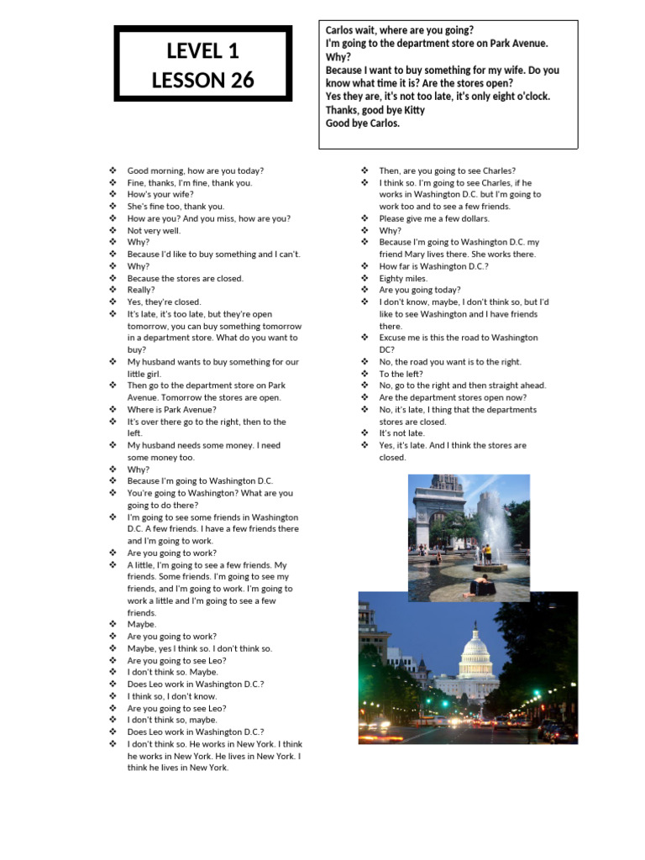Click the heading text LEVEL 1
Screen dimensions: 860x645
tap(202, 51)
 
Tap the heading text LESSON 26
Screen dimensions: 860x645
tap(202, 81)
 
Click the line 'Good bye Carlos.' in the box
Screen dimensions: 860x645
tap(363, 123)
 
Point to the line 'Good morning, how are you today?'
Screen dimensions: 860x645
tap(195, 170)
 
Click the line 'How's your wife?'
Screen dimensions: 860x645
tap(160, 194)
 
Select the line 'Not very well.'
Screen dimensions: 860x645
tap(154, 230)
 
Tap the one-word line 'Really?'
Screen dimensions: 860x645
tap(141, 290)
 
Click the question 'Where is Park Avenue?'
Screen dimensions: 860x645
tap(171, 410)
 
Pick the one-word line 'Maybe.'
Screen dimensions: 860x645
tap(142, 624)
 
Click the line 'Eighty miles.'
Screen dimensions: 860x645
tap(403, 278)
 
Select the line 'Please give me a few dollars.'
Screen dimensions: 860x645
tap(433, 218)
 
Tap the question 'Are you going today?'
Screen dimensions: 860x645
tap(419, 290)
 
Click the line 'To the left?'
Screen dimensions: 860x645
tap(401, 374)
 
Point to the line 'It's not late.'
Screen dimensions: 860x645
tap(401, 433)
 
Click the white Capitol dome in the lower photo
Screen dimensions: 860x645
tap(476, 651)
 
